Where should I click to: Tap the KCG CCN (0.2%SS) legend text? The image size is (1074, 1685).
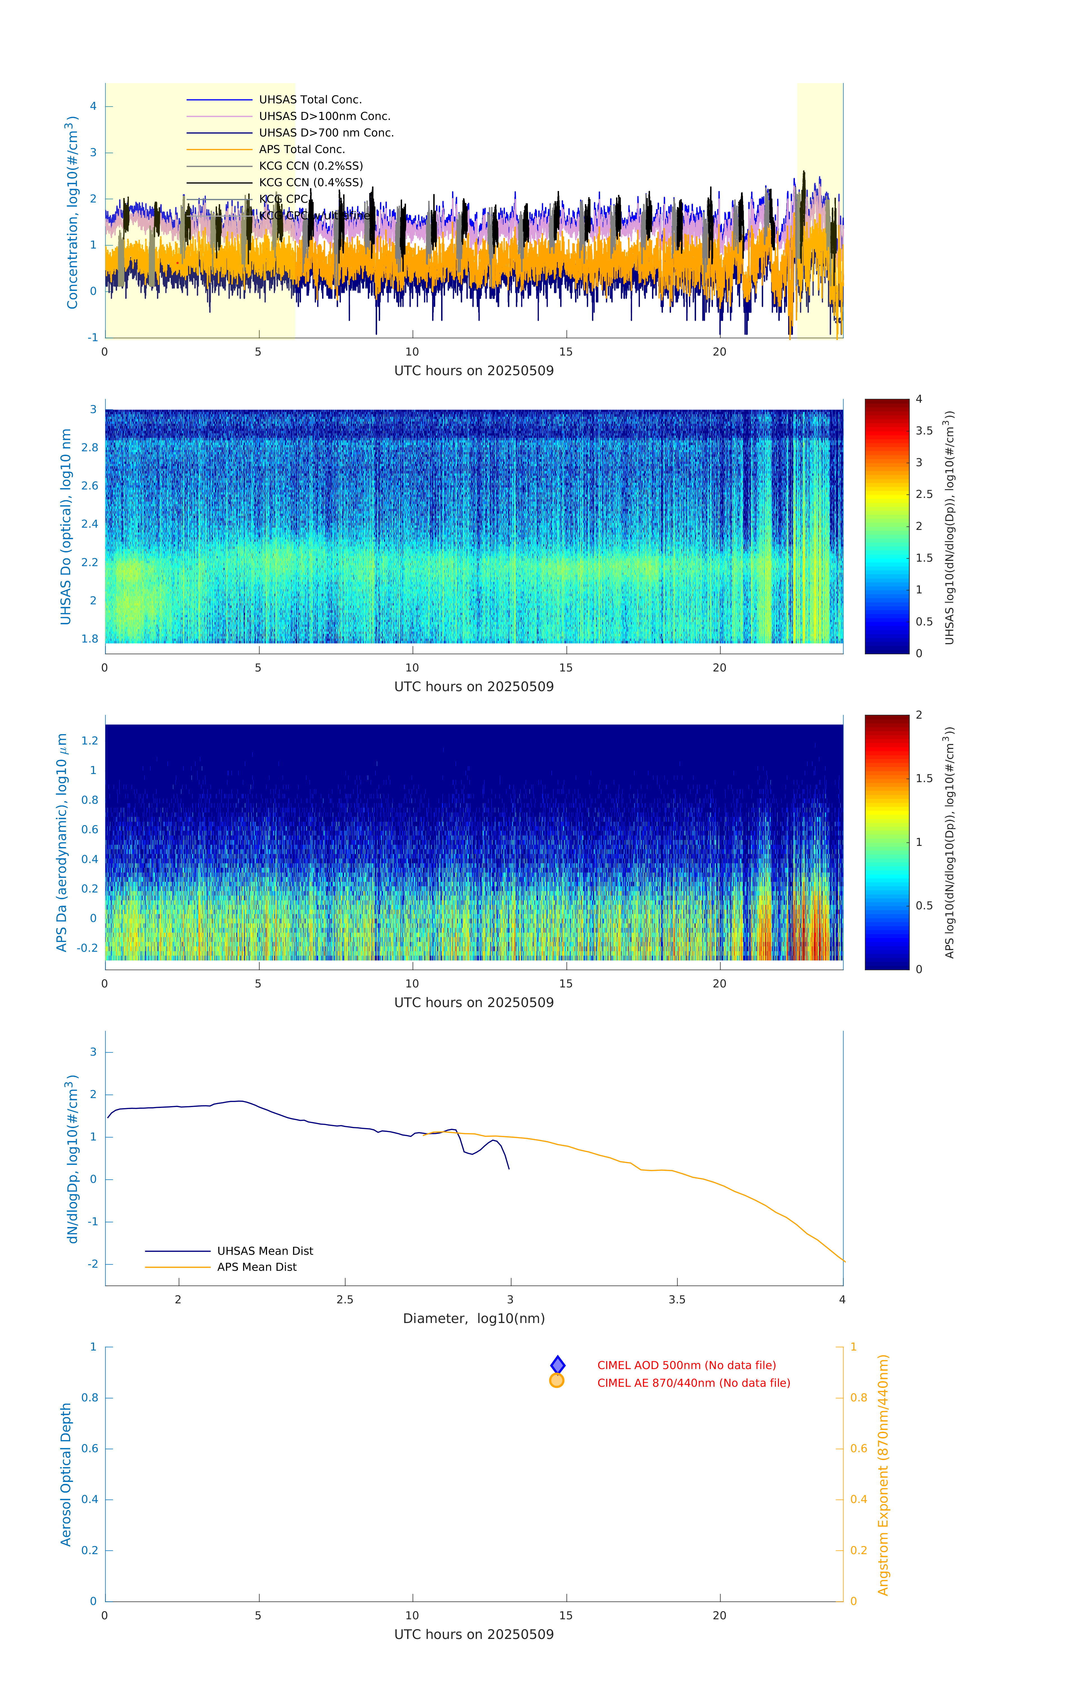311,166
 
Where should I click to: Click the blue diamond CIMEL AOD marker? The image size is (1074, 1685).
558,1365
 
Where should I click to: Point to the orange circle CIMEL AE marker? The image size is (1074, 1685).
557,1381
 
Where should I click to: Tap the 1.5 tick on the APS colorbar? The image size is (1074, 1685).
924,778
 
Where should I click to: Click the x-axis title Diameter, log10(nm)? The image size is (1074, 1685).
474,1318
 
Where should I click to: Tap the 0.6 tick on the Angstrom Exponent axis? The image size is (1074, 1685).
859,1449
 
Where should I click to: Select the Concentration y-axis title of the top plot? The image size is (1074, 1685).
72,212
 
